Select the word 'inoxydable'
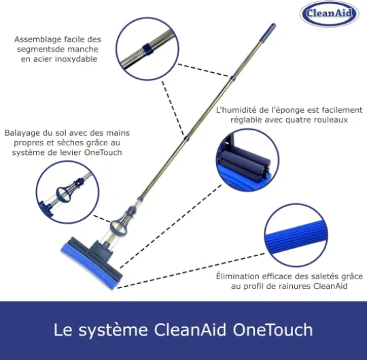click(76, 59)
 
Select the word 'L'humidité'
click(236, 110)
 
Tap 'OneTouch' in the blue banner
click(273, 329)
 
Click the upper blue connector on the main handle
click(232, 78)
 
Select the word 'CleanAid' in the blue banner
click(190, 329)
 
